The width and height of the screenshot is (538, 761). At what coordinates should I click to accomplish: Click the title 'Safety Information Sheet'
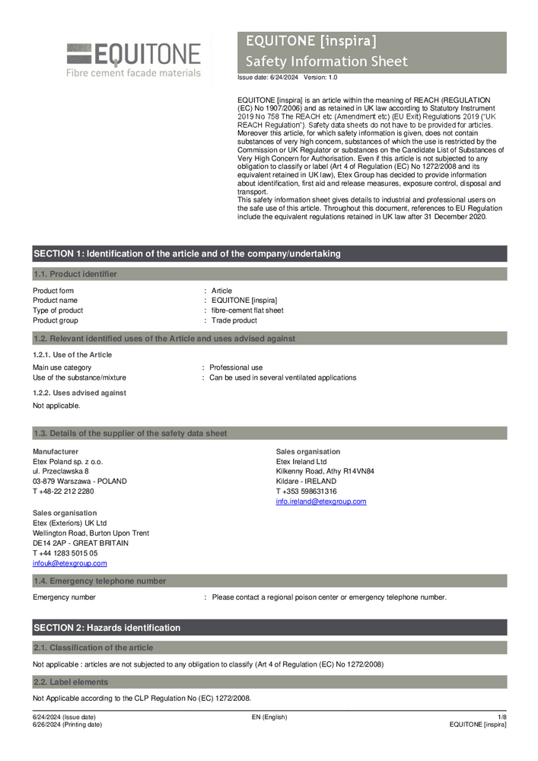[326, 62]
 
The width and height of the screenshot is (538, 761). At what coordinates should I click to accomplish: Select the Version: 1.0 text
[320, 78]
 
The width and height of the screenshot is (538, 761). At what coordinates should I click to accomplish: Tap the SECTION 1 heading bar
[187, 253]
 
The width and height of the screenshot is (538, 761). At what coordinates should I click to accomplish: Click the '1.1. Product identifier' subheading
[75, 274]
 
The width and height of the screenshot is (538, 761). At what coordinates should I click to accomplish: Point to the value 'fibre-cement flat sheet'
[247, 310]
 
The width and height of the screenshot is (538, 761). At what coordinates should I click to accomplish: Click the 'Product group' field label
[56, 320]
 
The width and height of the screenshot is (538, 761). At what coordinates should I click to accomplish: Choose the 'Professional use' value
[236, 368]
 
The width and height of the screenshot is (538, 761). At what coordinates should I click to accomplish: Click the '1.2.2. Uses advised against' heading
[79, 393]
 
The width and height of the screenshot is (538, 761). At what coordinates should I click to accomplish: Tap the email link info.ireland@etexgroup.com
[321, 501]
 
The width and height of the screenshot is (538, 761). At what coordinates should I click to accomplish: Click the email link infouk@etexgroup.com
[70, 563]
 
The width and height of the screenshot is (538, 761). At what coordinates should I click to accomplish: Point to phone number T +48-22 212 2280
[64, 491]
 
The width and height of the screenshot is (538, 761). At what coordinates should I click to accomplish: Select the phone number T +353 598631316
[306, 492]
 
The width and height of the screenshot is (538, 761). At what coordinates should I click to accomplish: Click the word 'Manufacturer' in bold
[51, 452]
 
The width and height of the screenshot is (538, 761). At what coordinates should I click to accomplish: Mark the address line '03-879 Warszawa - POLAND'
[80, 481]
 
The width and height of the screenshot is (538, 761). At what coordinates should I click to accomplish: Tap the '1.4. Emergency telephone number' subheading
[99, 581]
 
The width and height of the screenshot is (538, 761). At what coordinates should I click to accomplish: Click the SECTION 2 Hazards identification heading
[107, 628]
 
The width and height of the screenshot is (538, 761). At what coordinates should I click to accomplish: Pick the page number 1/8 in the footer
[501, 717]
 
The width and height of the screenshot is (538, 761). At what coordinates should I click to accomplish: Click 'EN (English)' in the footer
[269, 717]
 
